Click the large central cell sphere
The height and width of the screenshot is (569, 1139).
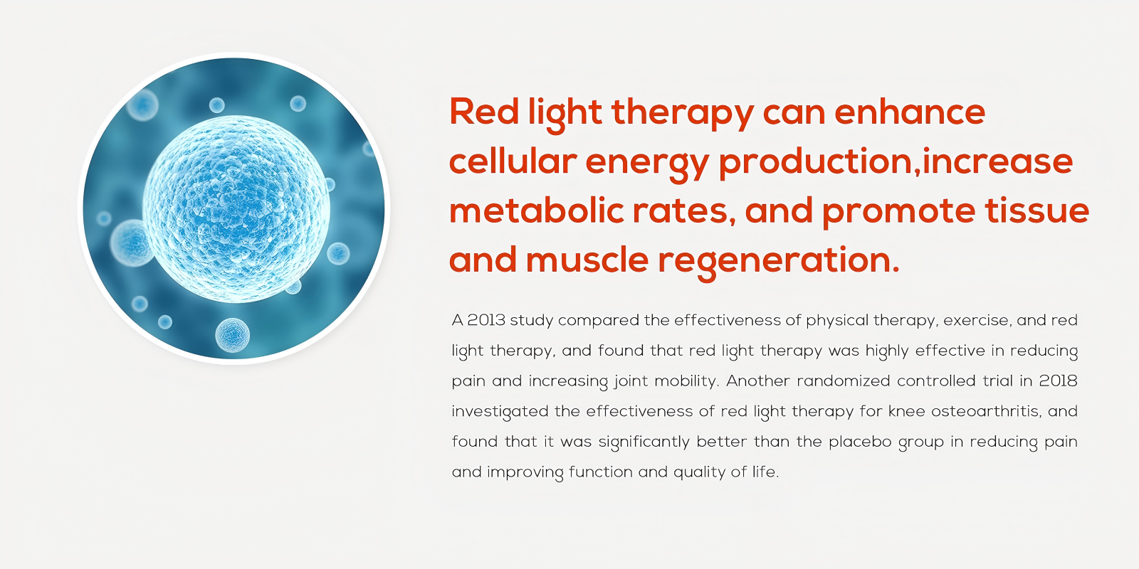236,209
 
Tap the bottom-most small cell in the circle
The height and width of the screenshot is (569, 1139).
232,335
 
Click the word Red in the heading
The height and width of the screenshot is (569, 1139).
483,112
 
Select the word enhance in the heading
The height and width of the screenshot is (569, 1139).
910,112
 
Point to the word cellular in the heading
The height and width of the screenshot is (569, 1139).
513,161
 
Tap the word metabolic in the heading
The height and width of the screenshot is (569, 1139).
537,211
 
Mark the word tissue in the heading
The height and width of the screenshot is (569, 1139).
1037,211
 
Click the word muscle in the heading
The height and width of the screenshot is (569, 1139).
587,260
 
